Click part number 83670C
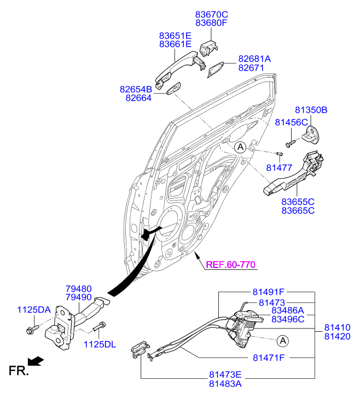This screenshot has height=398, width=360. [211, 14]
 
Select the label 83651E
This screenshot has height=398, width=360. [175, 36]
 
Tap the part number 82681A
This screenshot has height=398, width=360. [254, 59]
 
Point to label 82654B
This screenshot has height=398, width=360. [136, 89]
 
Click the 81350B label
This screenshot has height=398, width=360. [311, 110]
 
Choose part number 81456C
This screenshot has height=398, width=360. [291, 122]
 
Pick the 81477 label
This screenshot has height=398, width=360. [279, 168]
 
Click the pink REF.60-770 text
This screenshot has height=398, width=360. [231, 264]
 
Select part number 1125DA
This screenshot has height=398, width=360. [34, 310]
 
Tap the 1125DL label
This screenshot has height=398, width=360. [100, 344]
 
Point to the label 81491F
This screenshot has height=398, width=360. [269, 292]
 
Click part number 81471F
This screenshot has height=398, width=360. [269, 357]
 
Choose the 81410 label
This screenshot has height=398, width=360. [338, 327]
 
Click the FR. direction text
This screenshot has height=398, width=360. [19, 371]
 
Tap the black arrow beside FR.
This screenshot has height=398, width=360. [36, 361]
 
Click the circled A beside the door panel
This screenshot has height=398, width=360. [240, 147]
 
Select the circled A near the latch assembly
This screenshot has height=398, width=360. [283, 341]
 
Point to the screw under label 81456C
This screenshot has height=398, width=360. [290, 143]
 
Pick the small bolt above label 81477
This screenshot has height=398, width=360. [279, 154]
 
